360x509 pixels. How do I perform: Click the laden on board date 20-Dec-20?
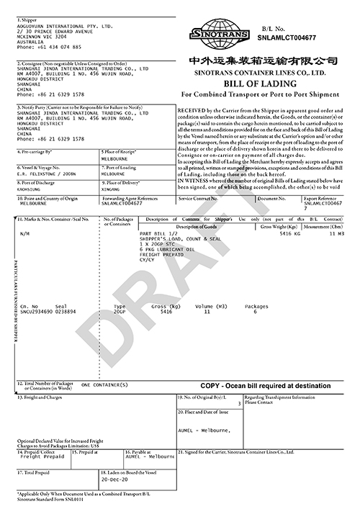click(116, 479)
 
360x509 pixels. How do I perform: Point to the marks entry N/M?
click(25, 234)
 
